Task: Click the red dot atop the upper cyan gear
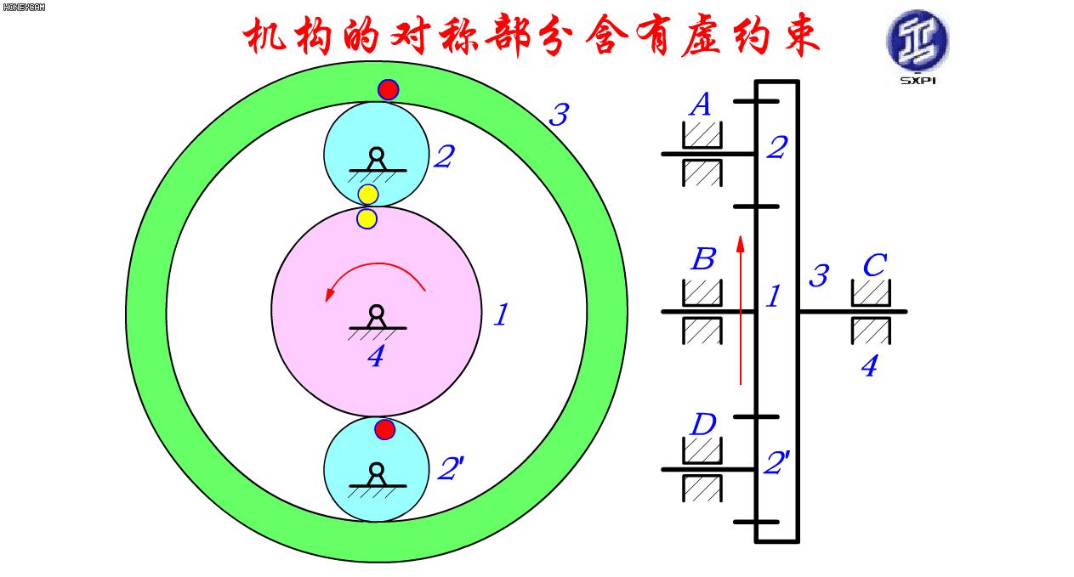tap(388, 89)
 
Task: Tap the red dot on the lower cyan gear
tap(385, 429)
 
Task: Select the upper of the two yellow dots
tap(367, 195)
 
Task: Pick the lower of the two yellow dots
tap(367, 218)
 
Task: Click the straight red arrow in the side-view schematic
tap(741, 310)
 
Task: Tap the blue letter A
tap(700, 105)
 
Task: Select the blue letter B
tap(702, 259)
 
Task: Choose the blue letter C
tap(873, 266)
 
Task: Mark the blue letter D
tap(702, 424)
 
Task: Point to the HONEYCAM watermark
tap(24, 8)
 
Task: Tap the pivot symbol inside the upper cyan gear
tap(376, 160)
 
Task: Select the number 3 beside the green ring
tap(558, 115)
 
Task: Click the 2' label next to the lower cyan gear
tap(451, 470)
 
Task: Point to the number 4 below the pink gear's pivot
tap(375, 357)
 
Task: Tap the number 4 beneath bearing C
tap(868, 366)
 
